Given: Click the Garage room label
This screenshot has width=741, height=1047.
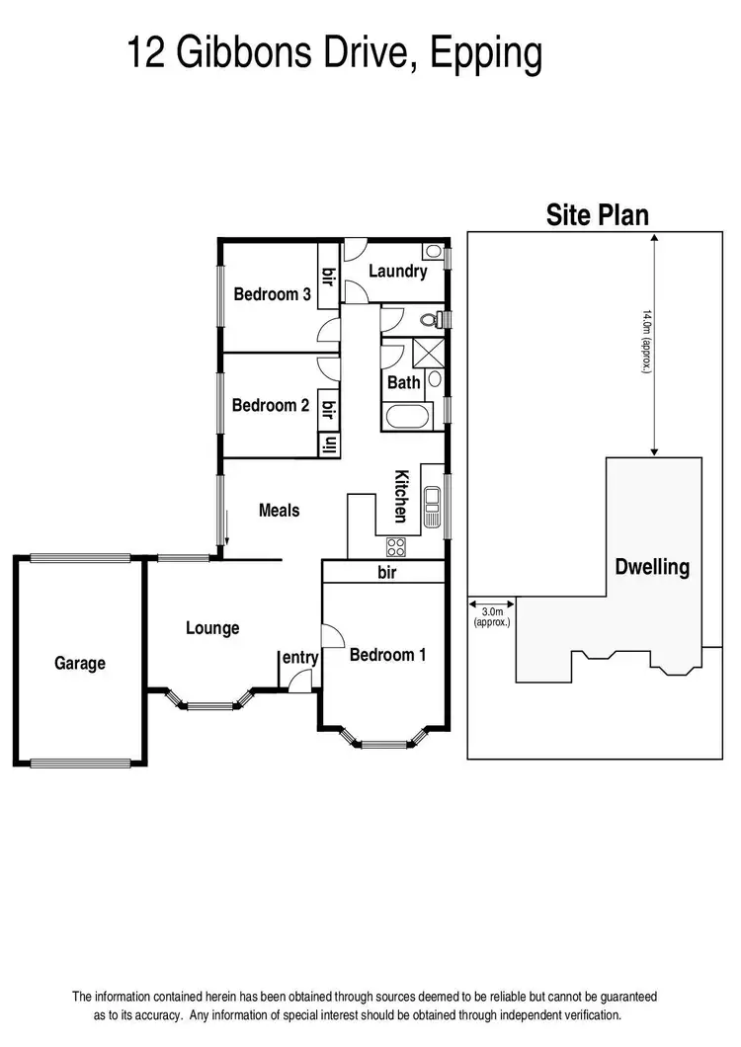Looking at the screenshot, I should coord(79,664).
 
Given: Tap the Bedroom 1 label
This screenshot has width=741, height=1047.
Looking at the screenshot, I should coord(387,654).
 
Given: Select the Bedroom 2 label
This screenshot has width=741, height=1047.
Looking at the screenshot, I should coord(271,405).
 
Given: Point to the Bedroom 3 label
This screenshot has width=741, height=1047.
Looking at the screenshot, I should coord(273,294).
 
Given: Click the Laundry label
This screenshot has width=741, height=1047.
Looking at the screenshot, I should coord(397,272).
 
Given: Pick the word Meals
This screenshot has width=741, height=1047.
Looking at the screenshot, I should coord(279,511).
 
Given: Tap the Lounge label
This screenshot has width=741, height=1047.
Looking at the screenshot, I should coord(212,628).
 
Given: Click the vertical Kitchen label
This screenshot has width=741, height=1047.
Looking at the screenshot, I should coord(402,495).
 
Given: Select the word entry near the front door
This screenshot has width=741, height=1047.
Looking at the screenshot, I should coord(300,658).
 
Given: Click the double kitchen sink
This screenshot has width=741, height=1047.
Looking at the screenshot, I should coord(432,505).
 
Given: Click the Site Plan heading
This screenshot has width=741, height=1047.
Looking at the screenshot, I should coord(598,215).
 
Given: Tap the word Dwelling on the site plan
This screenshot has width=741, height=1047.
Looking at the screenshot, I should coord(652,568).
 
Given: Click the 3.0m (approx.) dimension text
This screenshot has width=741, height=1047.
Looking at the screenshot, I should coord(491,617).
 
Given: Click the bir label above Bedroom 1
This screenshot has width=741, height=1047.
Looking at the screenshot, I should coord(385,572).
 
